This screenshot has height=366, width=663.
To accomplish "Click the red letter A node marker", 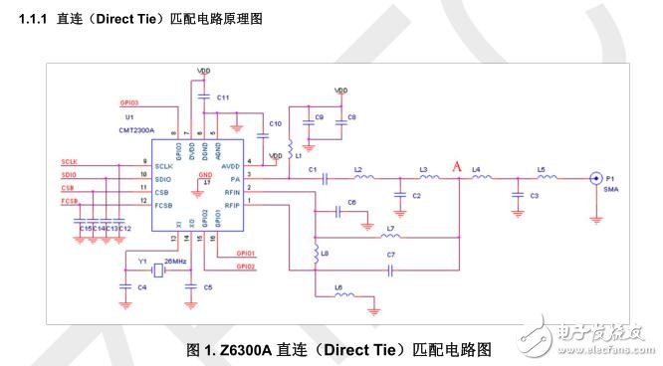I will pos(458,167).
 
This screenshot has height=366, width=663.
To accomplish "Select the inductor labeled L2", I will pos(363,180).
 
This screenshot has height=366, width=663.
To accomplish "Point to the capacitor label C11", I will pos(223,97).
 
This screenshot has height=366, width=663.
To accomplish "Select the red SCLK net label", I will pos(69,160).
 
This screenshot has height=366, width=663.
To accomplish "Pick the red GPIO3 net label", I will pos(129,101).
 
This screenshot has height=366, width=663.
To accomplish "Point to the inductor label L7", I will pos(390,229).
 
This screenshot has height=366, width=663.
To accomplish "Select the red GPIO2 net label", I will pos(246,268).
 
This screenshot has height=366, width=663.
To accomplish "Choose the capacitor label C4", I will pos(142,286).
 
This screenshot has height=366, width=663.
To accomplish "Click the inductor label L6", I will pos(338,287).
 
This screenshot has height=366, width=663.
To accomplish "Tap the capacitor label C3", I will pos(535,196).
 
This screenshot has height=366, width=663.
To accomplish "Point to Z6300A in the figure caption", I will pos(249,350).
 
